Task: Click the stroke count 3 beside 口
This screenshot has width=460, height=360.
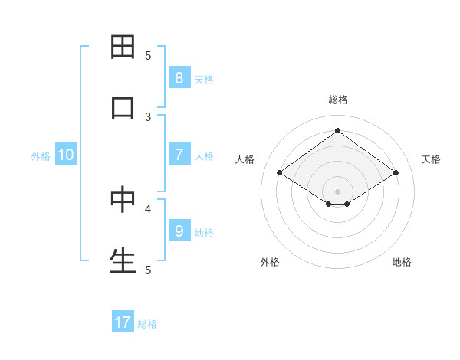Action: tap(148, 116)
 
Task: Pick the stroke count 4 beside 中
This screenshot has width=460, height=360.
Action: tap(148, 208)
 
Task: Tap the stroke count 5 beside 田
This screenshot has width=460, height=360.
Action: tap(148, 55)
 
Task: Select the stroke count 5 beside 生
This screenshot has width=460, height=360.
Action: tap(148, 270)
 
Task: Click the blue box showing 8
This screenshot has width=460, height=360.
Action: tap(179, 77)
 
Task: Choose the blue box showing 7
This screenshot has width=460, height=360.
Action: tap(179, 155)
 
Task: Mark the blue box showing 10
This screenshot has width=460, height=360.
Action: tap(66, 155)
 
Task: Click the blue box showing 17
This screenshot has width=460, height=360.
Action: tap(123, 322)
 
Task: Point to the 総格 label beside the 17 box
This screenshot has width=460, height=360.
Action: tap(147, 324)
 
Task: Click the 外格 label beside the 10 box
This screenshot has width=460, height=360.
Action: tap(41, 156)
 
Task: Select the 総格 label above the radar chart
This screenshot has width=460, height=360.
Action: tap(338, 100)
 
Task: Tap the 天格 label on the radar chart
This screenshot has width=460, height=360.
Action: tap(431, 159)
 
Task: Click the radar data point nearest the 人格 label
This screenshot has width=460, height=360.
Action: tap(280, 173)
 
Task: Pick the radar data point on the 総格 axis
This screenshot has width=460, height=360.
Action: tap(337, 131)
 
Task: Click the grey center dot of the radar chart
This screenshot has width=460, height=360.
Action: tap(337, 191)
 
